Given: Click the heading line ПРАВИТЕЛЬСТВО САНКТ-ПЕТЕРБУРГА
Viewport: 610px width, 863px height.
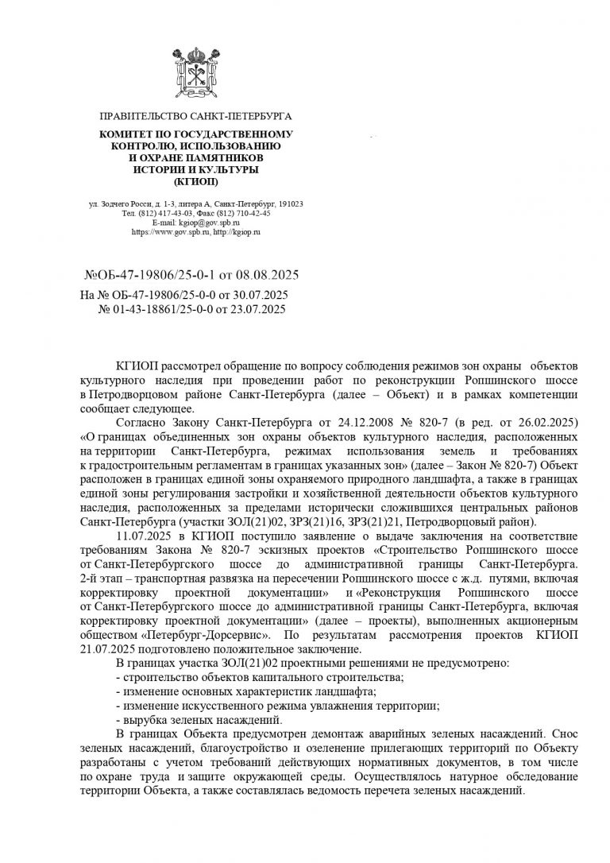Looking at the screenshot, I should [x=191, y=117].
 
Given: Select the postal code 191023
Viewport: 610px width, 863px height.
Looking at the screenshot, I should [x=280, y=204].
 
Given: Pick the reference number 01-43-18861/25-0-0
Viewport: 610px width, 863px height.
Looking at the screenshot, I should [x=167, y=308].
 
